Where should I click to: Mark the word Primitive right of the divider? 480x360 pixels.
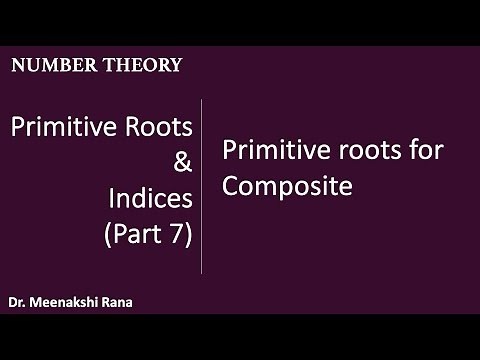coord(265,153)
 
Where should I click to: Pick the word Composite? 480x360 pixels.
coord(288,186)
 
